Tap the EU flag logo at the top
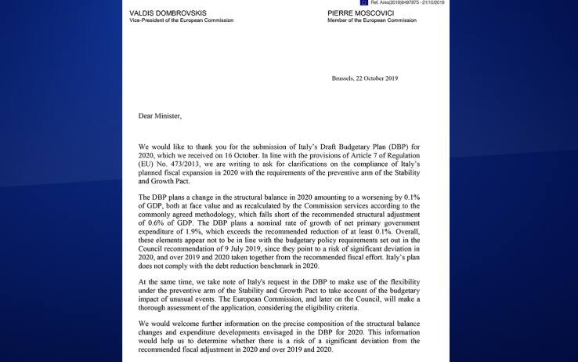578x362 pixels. [364, 2]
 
